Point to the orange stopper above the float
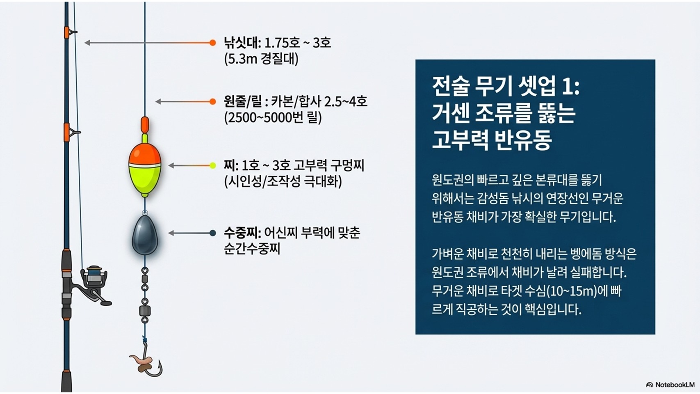pos(145,125)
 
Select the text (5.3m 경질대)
pos(261,59)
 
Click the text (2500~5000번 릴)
pos(273,118)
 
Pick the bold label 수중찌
pos(242,233)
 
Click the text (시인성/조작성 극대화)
pos(283,182)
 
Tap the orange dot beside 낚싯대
pos(212,43)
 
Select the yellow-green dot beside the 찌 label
pos(212,165)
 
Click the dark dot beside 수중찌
pos(212,233)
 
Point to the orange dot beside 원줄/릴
pos(212,102)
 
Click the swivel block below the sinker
pos(145,311)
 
